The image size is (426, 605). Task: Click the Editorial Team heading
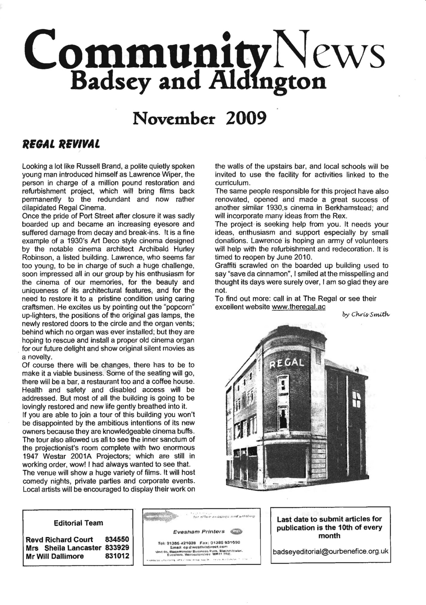pyautogui.click(x=78, y=523)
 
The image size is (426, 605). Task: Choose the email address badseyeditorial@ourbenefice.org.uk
pyautogui.click(x=330, y=551)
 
